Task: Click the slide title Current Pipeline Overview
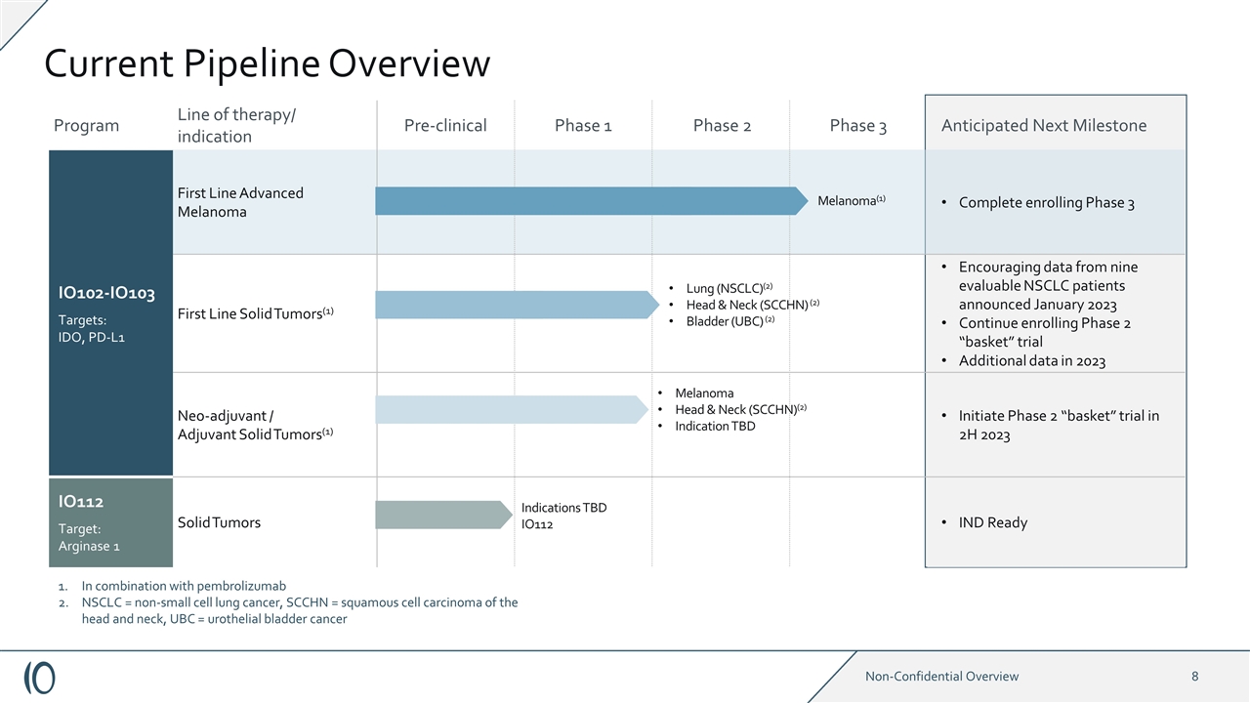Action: (267, 63)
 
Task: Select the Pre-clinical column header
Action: (445, 125)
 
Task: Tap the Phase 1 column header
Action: (583, 125)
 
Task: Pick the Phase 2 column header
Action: (722, 125)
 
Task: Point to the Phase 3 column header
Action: (857, 125)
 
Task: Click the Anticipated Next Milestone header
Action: (1043, 125)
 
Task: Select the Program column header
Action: (86, 125)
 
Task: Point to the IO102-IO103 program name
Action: (106, 293)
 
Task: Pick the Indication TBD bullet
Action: (714, 426)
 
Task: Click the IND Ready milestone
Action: (992, 522)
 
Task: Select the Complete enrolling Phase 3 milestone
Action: (1046, 202)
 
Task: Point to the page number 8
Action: (1195, 676)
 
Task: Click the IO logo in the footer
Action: (39, 677)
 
